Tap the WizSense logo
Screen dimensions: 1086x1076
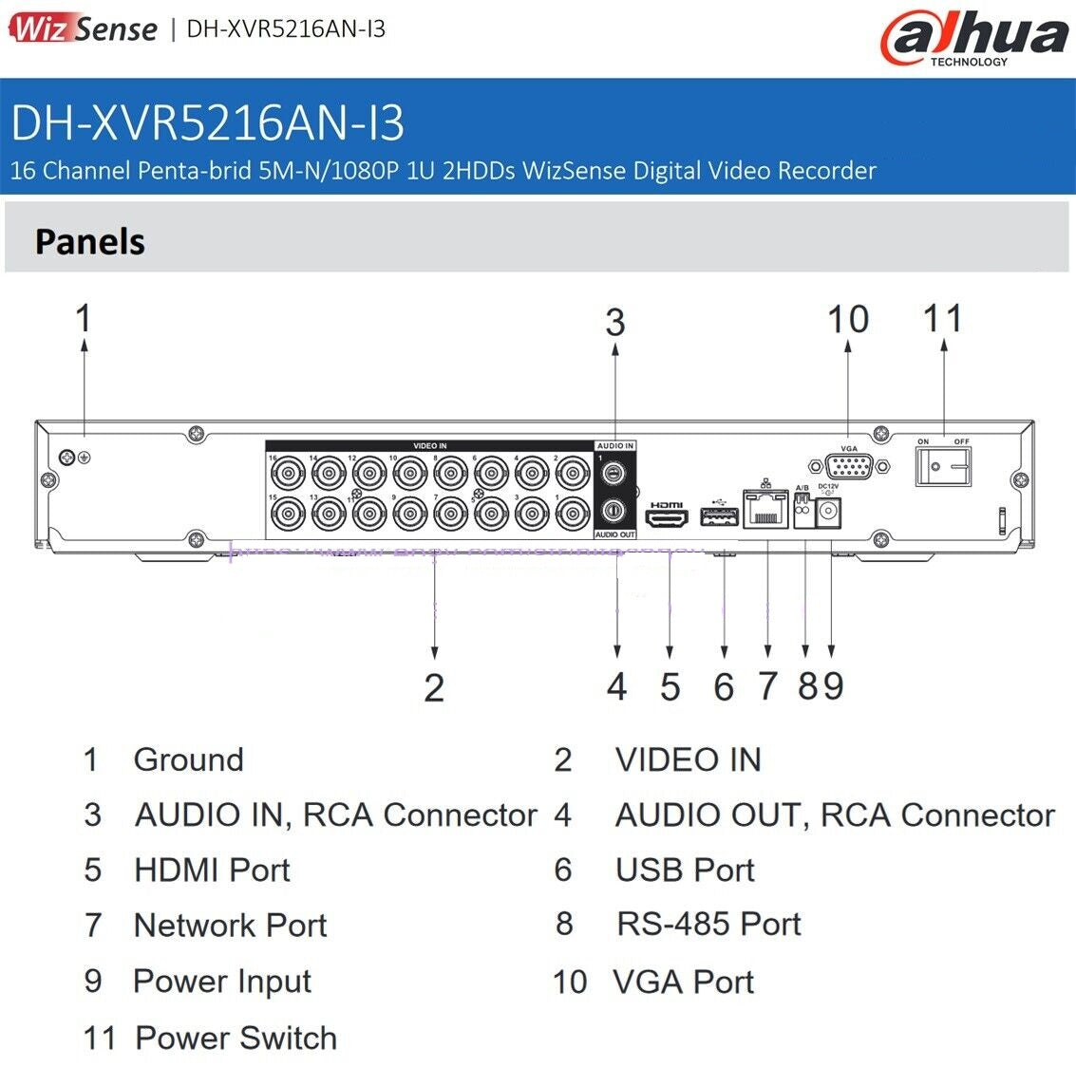84,28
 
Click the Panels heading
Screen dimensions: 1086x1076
90,242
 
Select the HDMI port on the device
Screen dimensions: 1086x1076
667,516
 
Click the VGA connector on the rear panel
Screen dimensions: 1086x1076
849,466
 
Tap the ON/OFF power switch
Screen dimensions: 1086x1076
942,466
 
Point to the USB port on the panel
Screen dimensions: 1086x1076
719,516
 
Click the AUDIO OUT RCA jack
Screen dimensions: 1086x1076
614,511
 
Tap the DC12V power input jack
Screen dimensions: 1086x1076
829,513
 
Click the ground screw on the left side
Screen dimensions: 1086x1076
67,457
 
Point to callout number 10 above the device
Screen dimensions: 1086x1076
847,320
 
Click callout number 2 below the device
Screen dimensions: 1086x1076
434,688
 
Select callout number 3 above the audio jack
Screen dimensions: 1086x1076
615,323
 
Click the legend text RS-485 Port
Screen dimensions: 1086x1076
708,924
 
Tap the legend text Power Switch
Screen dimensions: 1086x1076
236,1038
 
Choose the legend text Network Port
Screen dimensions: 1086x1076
230,925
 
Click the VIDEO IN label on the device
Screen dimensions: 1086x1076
429,445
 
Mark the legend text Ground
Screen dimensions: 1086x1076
188,759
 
